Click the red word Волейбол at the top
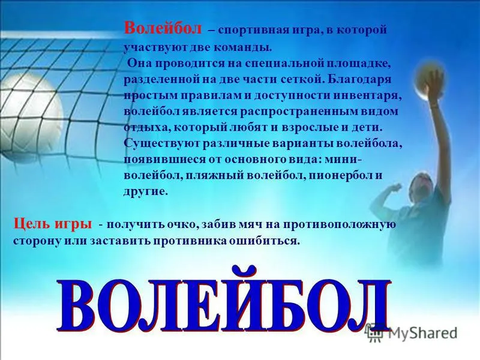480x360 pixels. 163,29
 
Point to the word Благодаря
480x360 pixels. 357,80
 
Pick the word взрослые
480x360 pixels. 307,128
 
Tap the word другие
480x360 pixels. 146,192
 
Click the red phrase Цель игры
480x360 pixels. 52,224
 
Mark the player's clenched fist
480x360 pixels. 396,187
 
